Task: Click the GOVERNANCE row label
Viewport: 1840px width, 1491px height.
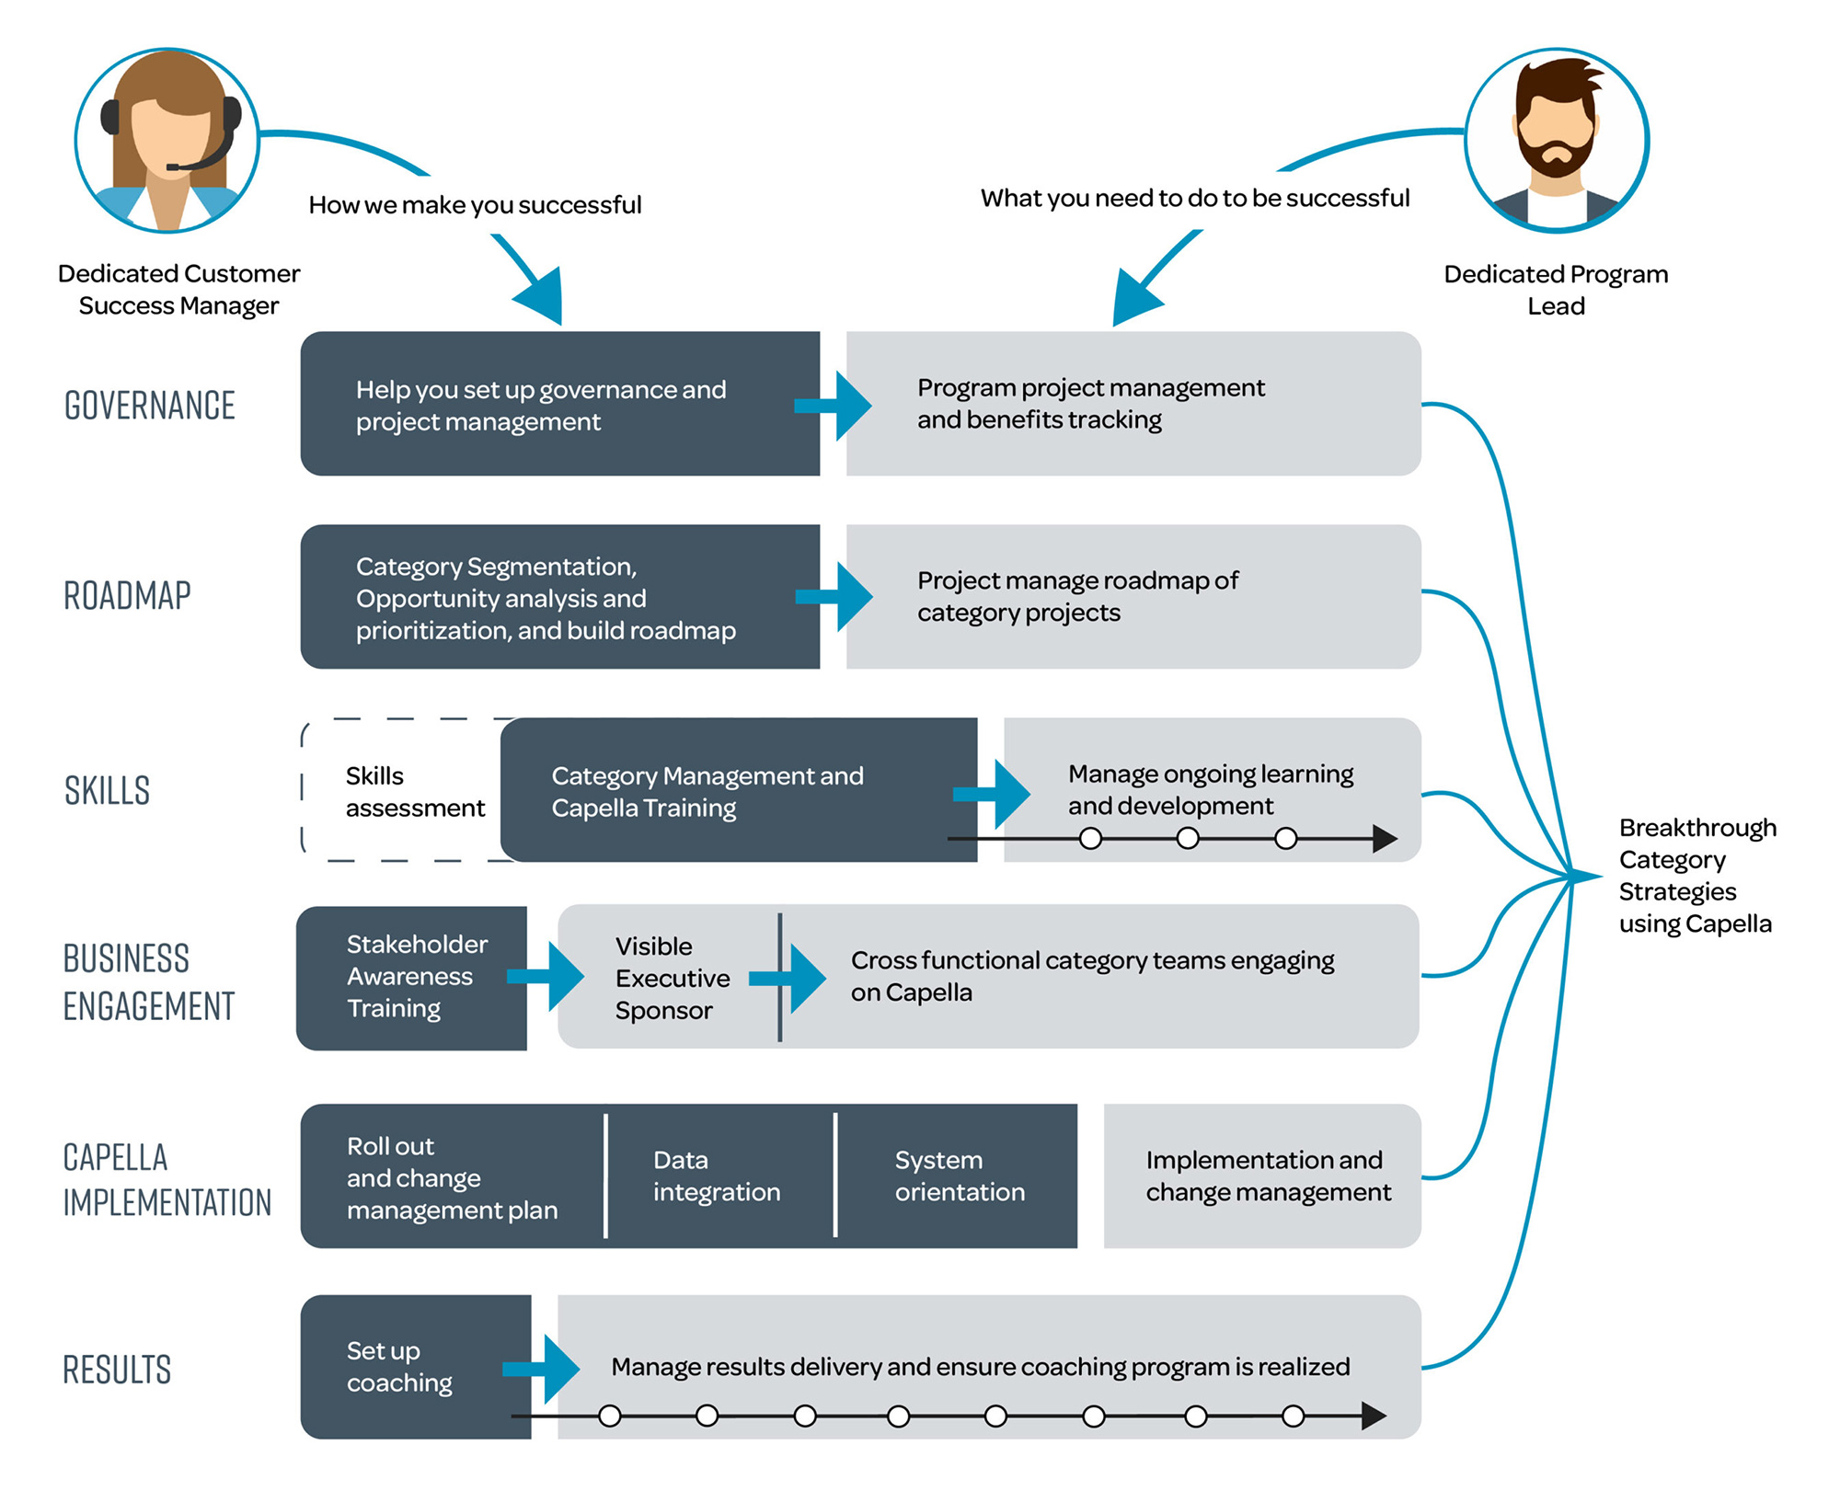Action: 150,406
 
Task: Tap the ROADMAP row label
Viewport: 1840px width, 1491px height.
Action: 128,596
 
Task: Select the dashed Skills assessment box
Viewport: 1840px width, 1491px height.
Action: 405,791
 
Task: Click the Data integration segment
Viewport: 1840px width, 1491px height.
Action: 717,1176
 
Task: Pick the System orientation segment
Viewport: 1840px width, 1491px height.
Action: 960,1176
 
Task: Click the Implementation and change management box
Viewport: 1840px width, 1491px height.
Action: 1267,1176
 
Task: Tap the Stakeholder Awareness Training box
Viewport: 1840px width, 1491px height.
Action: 414,977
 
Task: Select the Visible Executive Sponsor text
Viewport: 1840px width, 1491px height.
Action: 672,978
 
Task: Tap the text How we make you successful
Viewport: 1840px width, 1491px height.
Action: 475,205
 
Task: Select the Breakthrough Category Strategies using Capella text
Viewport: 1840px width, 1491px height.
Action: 1696,876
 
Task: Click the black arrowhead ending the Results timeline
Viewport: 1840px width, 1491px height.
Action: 1374,1416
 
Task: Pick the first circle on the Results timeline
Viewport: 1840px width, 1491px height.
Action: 610,1416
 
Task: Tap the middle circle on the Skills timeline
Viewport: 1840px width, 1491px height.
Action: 1188,838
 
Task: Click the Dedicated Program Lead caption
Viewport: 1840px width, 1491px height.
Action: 1556,290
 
